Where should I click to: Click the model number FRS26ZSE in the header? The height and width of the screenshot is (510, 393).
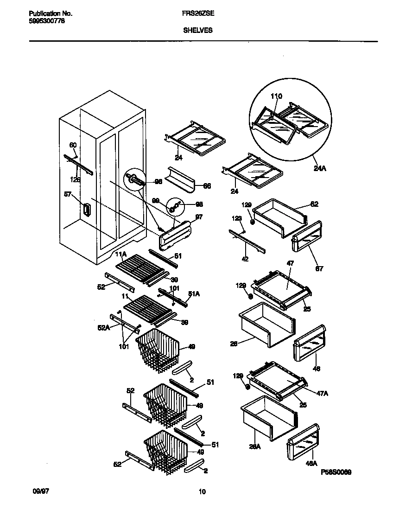(x=195, y=14)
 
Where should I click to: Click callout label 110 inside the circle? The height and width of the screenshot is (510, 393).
(x=276, y=96)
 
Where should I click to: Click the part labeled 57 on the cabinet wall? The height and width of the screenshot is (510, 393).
(x=86, y=210)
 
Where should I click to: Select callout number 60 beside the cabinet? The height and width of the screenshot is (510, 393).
(x=73, y=146)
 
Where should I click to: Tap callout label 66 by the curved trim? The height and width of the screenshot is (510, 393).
(x=207, y=186)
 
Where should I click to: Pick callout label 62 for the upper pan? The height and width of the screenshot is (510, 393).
(x=314, y=204)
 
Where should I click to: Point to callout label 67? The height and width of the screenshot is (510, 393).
(x=319, y=268)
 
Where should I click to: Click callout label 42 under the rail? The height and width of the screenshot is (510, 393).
(x=246, y=260)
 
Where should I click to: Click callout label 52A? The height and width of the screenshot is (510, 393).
(x=103, y=328)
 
